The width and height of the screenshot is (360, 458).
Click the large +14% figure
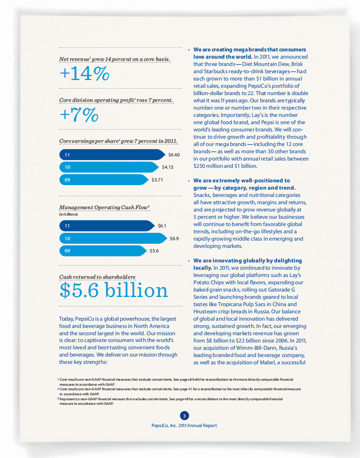coord(84,74)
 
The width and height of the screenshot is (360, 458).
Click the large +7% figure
coord(79,115)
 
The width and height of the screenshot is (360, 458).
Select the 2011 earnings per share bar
coord(112,155)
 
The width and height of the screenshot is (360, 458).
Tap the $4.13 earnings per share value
coord(168,167)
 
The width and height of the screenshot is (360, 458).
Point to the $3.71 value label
coord(157,179)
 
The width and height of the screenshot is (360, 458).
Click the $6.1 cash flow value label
coord(162,226)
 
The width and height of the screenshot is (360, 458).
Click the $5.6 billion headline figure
coord(113,291)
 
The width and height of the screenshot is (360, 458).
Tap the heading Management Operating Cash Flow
coord(104,207)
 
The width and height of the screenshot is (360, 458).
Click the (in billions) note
coord(68,214)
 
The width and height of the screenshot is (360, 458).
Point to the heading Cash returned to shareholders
coord(97,277)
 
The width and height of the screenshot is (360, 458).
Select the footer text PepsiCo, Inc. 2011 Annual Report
coord(184,426)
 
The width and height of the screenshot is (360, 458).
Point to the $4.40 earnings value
coord(174,155)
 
